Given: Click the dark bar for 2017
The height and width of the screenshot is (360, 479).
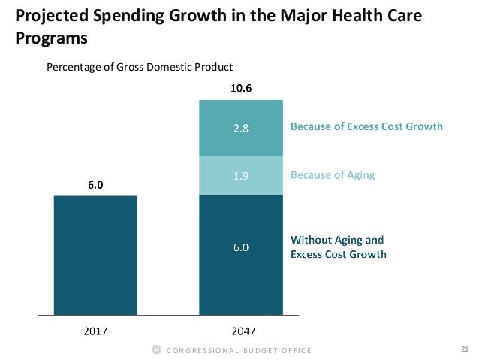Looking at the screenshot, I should coord(95,254).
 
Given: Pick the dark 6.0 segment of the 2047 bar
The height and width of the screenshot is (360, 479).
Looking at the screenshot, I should coord(240,254).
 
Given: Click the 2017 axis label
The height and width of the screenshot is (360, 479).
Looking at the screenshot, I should coord(95,329).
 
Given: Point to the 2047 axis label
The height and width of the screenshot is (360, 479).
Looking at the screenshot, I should coord(241,329).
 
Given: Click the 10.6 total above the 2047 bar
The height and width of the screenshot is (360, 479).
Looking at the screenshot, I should coord(241,88).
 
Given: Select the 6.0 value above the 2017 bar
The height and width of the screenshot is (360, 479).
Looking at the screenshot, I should coord(95,183).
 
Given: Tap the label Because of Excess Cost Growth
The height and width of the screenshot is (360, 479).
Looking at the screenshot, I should coord(366,127).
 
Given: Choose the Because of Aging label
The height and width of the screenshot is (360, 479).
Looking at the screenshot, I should coord(332,175).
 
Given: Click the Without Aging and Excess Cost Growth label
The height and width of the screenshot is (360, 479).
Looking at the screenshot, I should coord(338,247).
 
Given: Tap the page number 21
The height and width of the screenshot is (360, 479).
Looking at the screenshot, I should coord(464,349).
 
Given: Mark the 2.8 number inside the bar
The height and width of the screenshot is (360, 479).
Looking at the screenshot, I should coord(240,127).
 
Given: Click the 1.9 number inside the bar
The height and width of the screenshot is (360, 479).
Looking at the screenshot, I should coord(240,176).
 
